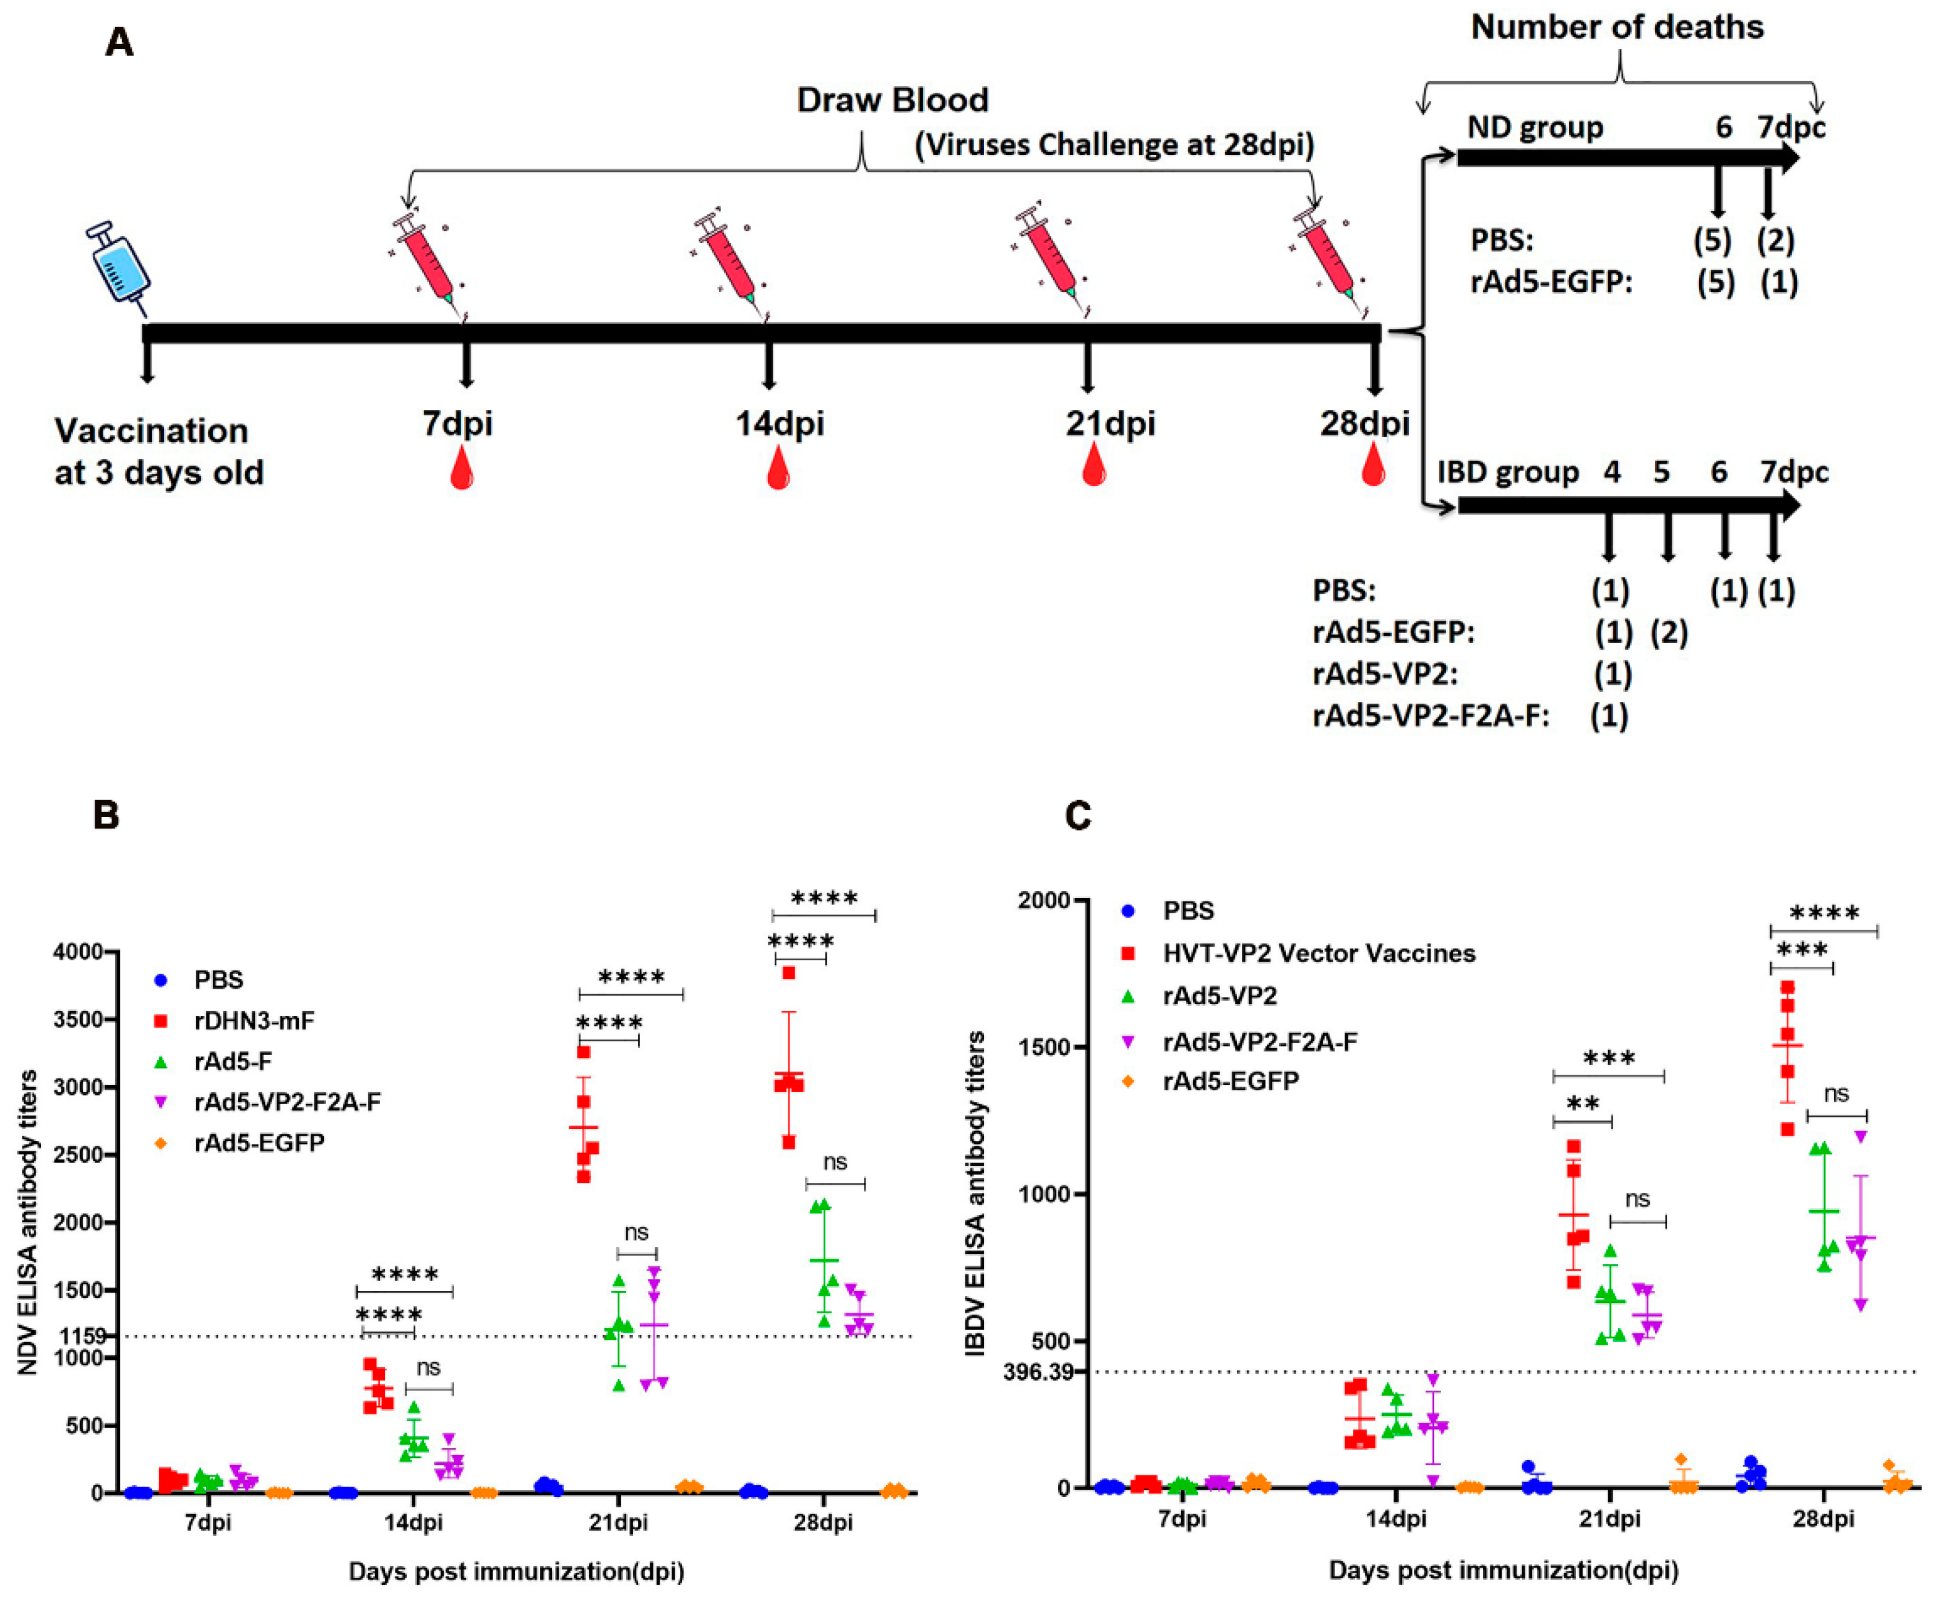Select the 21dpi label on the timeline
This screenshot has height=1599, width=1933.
[1110, 423]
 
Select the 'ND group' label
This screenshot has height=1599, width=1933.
[1535, 127]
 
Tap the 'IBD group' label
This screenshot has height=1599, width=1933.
[1508, 472]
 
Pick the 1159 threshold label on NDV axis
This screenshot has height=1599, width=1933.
[84, 1335]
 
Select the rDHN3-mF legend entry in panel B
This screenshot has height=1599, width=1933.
[254, 1020]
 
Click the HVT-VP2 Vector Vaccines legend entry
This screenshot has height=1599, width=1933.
[1318, 953]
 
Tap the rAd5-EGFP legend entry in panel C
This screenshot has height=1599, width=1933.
[1231, 1080]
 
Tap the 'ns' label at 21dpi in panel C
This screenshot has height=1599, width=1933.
[1637, 1199]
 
